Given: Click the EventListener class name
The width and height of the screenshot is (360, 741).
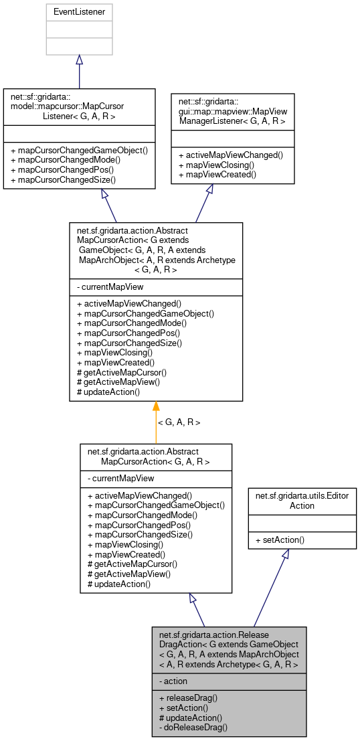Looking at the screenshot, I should pyautogui.click(x=79, y=11).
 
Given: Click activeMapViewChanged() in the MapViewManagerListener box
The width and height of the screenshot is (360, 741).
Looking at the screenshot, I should pyautogui.click(x=231, y=155).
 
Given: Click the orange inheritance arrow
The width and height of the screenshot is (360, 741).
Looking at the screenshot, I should pyautogui.click(x=156, y=422).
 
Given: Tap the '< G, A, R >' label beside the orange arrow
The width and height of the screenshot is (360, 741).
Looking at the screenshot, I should pyautogui.click(x=179, y=422).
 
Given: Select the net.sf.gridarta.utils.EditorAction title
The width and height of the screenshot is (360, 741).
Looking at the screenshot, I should pyautogui.click(x=302, y=499).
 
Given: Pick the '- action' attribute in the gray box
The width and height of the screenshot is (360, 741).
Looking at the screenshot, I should pyautogui.click(x=175, y=681).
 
